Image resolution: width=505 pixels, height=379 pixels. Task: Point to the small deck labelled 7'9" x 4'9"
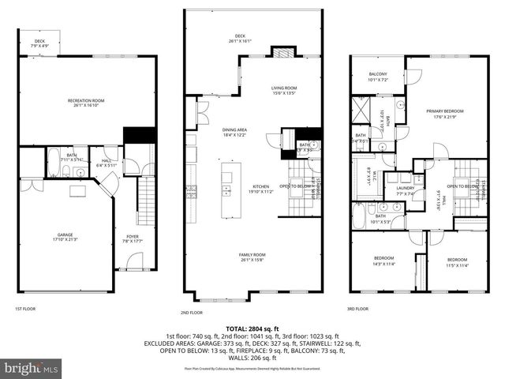point(38,45)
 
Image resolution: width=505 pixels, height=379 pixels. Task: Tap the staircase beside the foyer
point(146,201)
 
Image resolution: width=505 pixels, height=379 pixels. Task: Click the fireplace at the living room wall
point(281,52)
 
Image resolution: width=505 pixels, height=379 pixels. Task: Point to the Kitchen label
point(260,188)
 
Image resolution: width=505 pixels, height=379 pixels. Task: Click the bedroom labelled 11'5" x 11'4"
point(457,262)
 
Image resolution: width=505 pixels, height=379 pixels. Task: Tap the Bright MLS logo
point(30,368)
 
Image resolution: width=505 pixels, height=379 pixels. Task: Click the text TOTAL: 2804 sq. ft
point(252,328)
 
